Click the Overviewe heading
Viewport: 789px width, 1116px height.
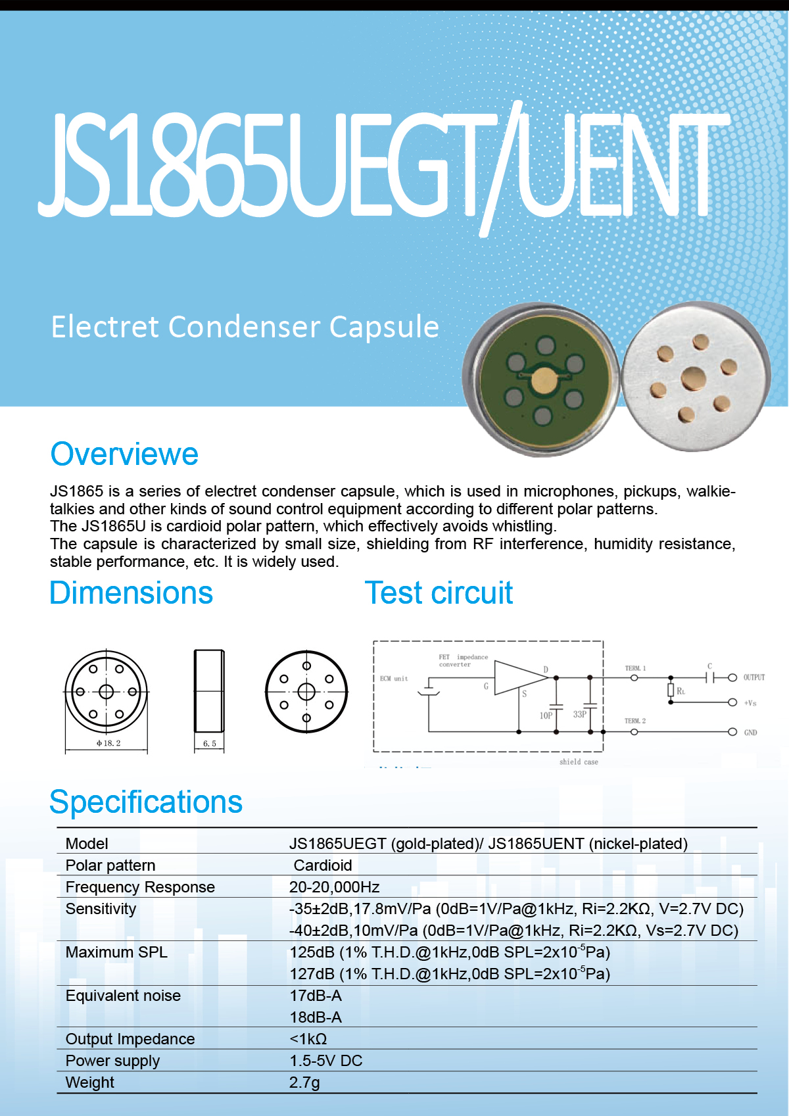[124, 454]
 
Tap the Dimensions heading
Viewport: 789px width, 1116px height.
[131, 593]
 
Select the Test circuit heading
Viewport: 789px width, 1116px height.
[439, 593]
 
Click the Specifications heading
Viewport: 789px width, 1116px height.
[146, 802]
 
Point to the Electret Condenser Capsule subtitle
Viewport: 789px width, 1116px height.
[245, 327]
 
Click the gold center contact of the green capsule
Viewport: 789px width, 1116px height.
[544, 381]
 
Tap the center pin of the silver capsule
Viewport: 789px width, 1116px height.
[693, 379]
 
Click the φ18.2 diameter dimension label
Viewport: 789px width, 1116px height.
[108, 743]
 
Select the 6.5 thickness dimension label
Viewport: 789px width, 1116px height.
[210, 744]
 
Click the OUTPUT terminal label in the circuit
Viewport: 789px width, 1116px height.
[754, 677]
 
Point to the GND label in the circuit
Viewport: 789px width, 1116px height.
[750, 733]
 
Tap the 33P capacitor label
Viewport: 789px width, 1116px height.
[579, 714]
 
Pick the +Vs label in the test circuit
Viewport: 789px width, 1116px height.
[750, 703]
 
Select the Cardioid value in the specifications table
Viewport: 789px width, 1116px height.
[323, 865]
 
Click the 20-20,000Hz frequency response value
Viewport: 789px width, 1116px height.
[335, 887]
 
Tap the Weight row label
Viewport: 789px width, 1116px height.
[90, 1082]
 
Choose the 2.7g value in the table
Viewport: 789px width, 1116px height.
[304, 1082]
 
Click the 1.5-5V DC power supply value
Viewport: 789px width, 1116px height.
[326, 1061]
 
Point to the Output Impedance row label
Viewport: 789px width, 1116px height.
[130, 1039]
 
